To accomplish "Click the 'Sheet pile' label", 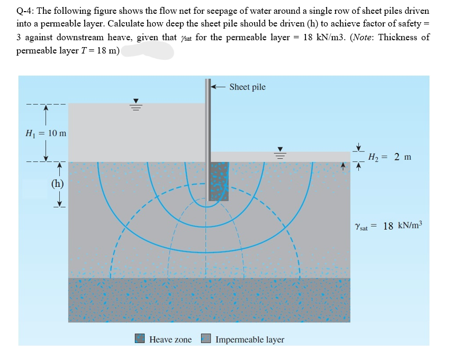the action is (x=248, y=87).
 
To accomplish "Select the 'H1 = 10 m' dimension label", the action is (x=46, y=132).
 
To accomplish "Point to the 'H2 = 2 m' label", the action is (x=389, y=157).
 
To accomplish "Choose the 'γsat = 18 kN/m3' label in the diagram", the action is (x=389, y=226).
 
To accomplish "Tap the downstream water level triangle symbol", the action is (x=282, y=149).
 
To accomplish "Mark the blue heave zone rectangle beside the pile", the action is (x=219, y=181).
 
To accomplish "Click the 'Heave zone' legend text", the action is (x=170, y=339).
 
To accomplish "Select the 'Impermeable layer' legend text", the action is (x=250, y=339).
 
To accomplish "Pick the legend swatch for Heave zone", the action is (x=140, y=339).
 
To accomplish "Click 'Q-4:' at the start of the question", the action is (x=26, y=11).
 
